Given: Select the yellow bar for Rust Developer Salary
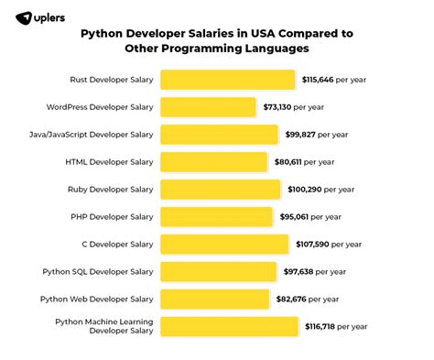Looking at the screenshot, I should click(x=227, y=80).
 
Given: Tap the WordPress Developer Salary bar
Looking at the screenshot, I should click(x=208, y=107).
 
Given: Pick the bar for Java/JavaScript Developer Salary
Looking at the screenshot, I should click(x=219, y=135).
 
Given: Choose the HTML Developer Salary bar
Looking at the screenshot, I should click(x=212, y=162).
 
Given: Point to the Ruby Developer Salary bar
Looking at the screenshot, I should click(x=220, y=190).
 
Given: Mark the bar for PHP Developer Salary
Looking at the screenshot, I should click(x=217, y=217).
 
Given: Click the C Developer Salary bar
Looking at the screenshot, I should click(x=223, y=245).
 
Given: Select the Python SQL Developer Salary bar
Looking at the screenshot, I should click(x=219, y=272).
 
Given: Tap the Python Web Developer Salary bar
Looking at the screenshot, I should click(x=212, y=300).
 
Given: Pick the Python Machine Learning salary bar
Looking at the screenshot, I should click(x=229, y=327).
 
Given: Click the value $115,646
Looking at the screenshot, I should click(x=319, y=81).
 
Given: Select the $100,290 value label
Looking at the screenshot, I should click(x=305, y=191).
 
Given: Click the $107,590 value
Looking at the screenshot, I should click(x=311, y=245).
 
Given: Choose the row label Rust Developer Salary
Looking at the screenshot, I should click(x=111, y=81).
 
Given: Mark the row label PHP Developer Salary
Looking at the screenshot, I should click(x=111, y=218).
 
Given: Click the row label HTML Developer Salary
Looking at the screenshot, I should click(x=110, y=163).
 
